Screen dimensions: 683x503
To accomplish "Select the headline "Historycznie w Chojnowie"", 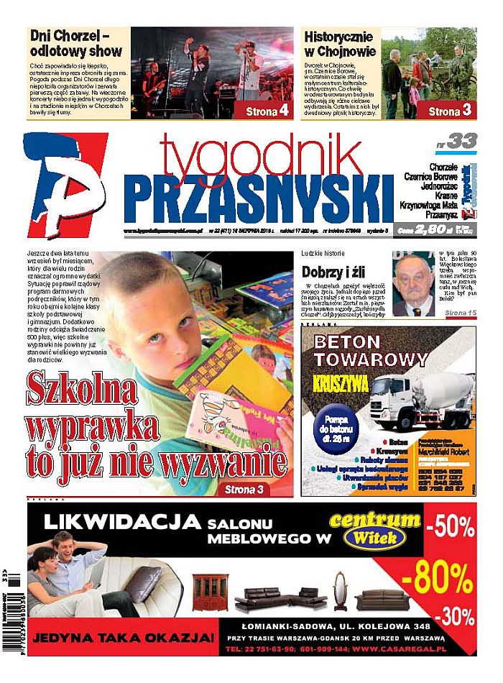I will pos(339,43).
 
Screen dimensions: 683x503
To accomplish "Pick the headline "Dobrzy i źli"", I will pos(335,272).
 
